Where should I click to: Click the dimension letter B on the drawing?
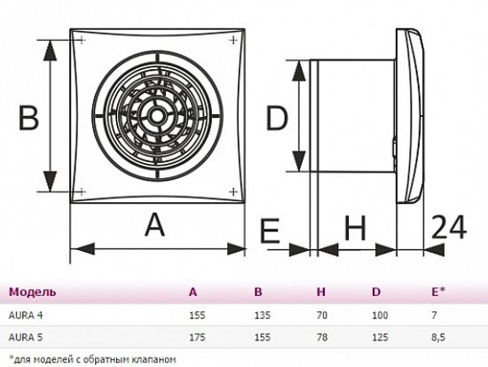tap(28, 118)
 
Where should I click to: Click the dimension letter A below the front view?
tap(154, 225)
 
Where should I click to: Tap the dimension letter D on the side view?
tap(277, 118)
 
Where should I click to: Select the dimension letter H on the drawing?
tap(356, 229)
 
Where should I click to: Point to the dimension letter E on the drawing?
tap(270, 230)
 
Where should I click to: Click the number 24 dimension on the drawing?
tap(449, 227)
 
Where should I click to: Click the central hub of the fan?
tap(154, 116)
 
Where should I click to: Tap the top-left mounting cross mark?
tap(82, 40)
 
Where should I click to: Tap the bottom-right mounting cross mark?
tap(233, 191)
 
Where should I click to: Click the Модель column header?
tap(33, 292)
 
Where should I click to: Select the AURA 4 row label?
tap(26, 316)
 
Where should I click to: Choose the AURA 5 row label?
tap(26, 338)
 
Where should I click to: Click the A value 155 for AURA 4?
tap(197, 316)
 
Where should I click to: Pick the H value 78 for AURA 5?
tap(322, 338)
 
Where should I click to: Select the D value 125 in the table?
tap(380, 338)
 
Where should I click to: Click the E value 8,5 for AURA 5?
tap(438, 338)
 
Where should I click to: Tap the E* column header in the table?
tap(438, 292)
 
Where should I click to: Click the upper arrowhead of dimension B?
tap(50, 51)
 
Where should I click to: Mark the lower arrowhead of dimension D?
tap(299, 160)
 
